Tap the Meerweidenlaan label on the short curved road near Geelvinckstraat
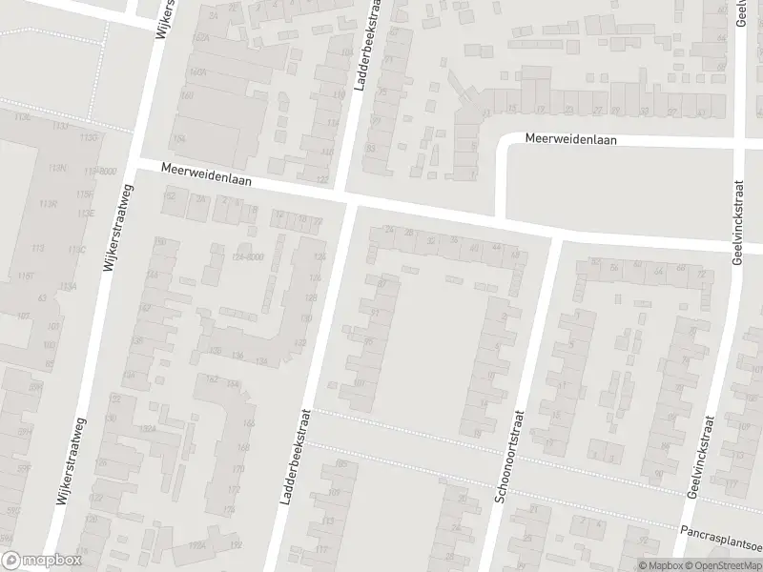[x=571, y=139]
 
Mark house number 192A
[x=197, y=544]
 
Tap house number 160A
[x=198, y=71]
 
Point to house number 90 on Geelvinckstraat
[x=657, y=474]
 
